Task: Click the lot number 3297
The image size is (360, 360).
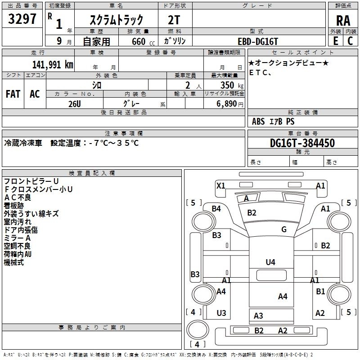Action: [x=22, y=19]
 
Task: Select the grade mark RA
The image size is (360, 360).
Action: [x=343, y=21]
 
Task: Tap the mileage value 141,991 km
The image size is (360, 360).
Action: [x=53, y=65]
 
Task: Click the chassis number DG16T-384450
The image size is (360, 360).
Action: [x=302, y=143]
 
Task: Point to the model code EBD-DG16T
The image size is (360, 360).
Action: [x=258, y=41]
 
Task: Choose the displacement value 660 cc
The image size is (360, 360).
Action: [x=143, y=41]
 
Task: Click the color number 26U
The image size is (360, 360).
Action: [x=75, y=104]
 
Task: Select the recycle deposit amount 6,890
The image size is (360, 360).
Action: [x=227, y=104]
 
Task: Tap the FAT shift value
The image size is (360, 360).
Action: [x=13, y=94]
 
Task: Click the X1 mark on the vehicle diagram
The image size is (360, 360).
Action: [x=220, y=185]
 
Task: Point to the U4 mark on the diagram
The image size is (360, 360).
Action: [x=270, y=262]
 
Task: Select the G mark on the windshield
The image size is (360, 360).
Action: [x=284, y=229]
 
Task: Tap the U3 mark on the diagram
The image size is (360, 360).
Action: [x=221, y=313]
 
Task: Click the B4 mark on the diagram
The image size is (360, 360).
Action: [x=216, y=209]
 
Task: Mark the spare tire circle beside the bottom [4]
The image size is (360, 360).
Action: [x=198, y=329]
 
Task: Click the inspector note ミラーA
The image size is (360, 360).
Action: [x=17, y=238]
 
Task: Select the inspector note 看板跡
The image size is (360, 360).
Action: [x=14, y=206]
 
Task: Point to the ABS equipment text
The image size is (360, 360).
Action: [x=258, y=121]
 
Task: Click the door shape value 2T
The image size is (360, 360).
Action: [x=174, y=20]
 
